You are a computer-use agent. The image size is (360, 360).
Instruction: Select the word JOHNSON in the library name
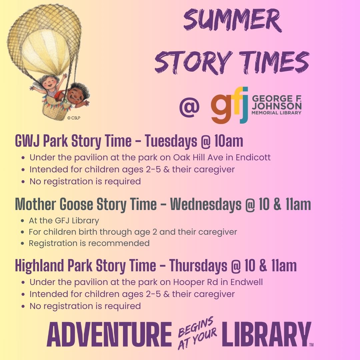[277, 106]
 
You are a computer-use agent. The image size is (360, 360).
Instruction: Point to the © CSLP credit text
[74, 118]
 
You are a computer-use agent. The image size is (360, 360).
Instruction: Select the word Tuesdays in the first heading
[171, 141]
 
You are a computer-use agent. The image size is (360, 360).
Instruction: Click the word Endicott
[253, 157]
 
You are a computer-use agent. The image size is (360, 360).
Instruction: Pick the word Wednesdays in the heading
[206, 204]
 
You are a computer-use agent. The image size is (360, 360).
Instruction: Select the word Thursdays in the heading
[198, 266]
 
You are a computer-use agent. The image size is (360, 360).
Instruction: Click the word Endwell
[247, 282]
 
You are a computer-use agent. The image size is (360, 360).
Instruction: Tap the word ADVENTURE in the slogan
[109, 334]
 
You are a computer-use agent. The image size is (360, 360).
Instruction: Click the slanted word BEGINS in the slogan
[196, 326]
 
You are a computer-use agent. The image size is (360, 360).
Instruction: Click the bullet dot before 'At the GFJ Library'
[22, 221]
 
